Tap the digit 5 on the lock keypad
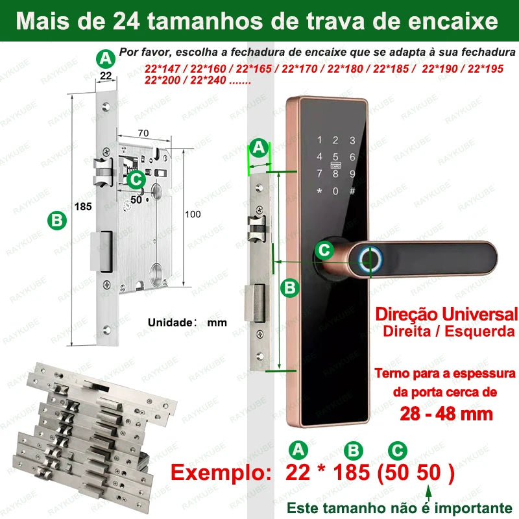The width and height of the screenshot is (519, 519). pos(335,156)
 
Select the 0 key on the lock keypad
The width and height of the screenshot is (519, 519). pos(335,191)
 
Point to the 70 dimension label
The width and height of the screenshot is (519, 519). pos(143,133)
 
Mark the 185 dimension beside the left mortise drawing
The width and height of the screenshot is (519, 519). pos(83,206)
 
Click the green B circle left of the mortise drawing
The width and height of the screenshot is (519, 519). pos(58,221)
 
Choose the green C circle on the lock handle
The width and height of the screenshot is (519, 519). pos(325,250)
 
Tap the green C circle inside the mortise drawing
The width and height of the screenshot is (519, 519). pos(136,178)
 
